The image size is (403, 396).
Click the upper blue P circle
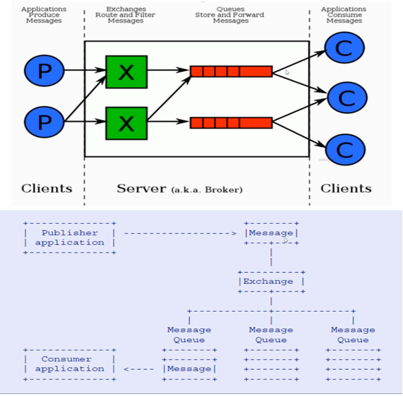coord(44,71)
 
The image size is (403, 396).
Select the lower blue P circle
coord(44,122)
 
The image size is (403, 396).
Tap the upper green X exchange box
coord(126,72)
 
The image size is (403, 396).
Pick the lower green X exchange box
coord(126,123)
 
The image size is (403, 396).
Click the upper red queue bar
coord(231,71)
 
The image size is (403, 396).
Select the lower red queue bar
coord(231,123)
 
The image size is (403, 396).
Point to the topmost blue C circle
coord(344,48)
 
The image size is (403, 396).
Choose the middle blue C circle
coord(347,98)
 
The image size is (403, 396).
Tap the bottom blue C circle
coord(345,150)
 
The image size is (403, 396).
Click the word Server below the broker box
coord(141,188)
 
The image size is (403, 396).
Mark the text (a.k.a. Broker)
coord(207,189)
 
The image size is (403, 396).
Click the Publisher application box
coord(69,238)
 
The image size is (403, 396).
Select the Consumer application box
coord(69,364)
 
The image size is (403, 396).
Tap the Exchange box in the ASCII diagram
coord(271,282)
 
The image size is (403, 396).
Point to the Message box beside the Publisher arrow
coord(271,233)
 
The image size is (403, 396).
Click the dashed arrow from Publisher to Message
coord(180,234)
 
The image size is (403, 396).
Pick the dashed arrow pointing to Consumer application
coord(139,369)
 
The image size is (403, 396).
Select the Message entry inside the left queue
coord(189,369)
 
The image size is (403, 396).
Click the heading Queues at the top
coord(230,9)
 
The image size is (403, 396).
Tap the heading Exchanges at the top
coord(126,9)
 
